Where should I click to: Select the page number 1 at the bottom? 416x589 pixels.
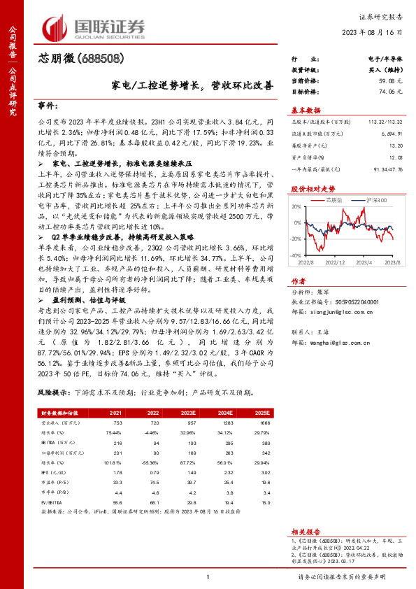pos(208,576)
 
